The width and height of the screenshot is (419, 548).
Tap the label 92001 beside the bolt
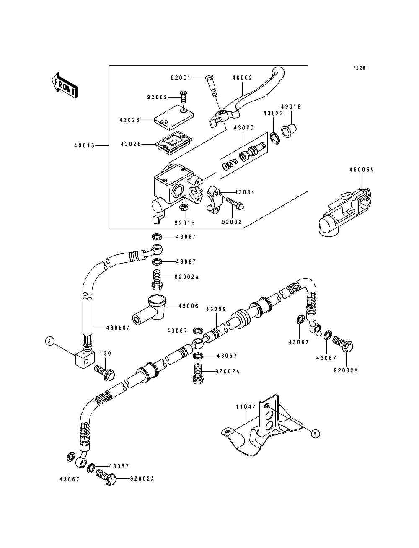(x=181, y=78)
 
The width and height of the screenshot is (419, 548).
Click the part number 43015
(x=83, y=146)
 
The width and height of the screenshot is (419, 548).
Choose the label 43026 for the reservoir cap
(x=129, y=119)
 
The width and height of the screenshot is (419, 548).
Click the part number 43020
(x=244, y=127)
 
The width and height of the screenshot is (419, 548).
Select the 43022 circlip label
(x=273, y=113)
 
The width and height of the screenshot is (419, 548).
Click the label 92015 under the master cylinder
(x=185, y=223)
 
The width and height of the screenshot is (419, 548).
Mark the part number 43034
(x=245, y=192)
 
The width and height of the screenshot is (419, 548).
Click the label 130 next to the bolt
(x=105, y=354)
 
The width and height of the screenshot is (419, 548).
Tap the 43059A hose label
(x=119, y=328)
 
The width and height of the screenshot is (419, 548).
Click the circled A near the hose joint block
(x=49, y=341)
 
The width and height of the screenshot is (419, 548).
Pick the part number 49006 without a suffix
(x=188, y=306)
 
